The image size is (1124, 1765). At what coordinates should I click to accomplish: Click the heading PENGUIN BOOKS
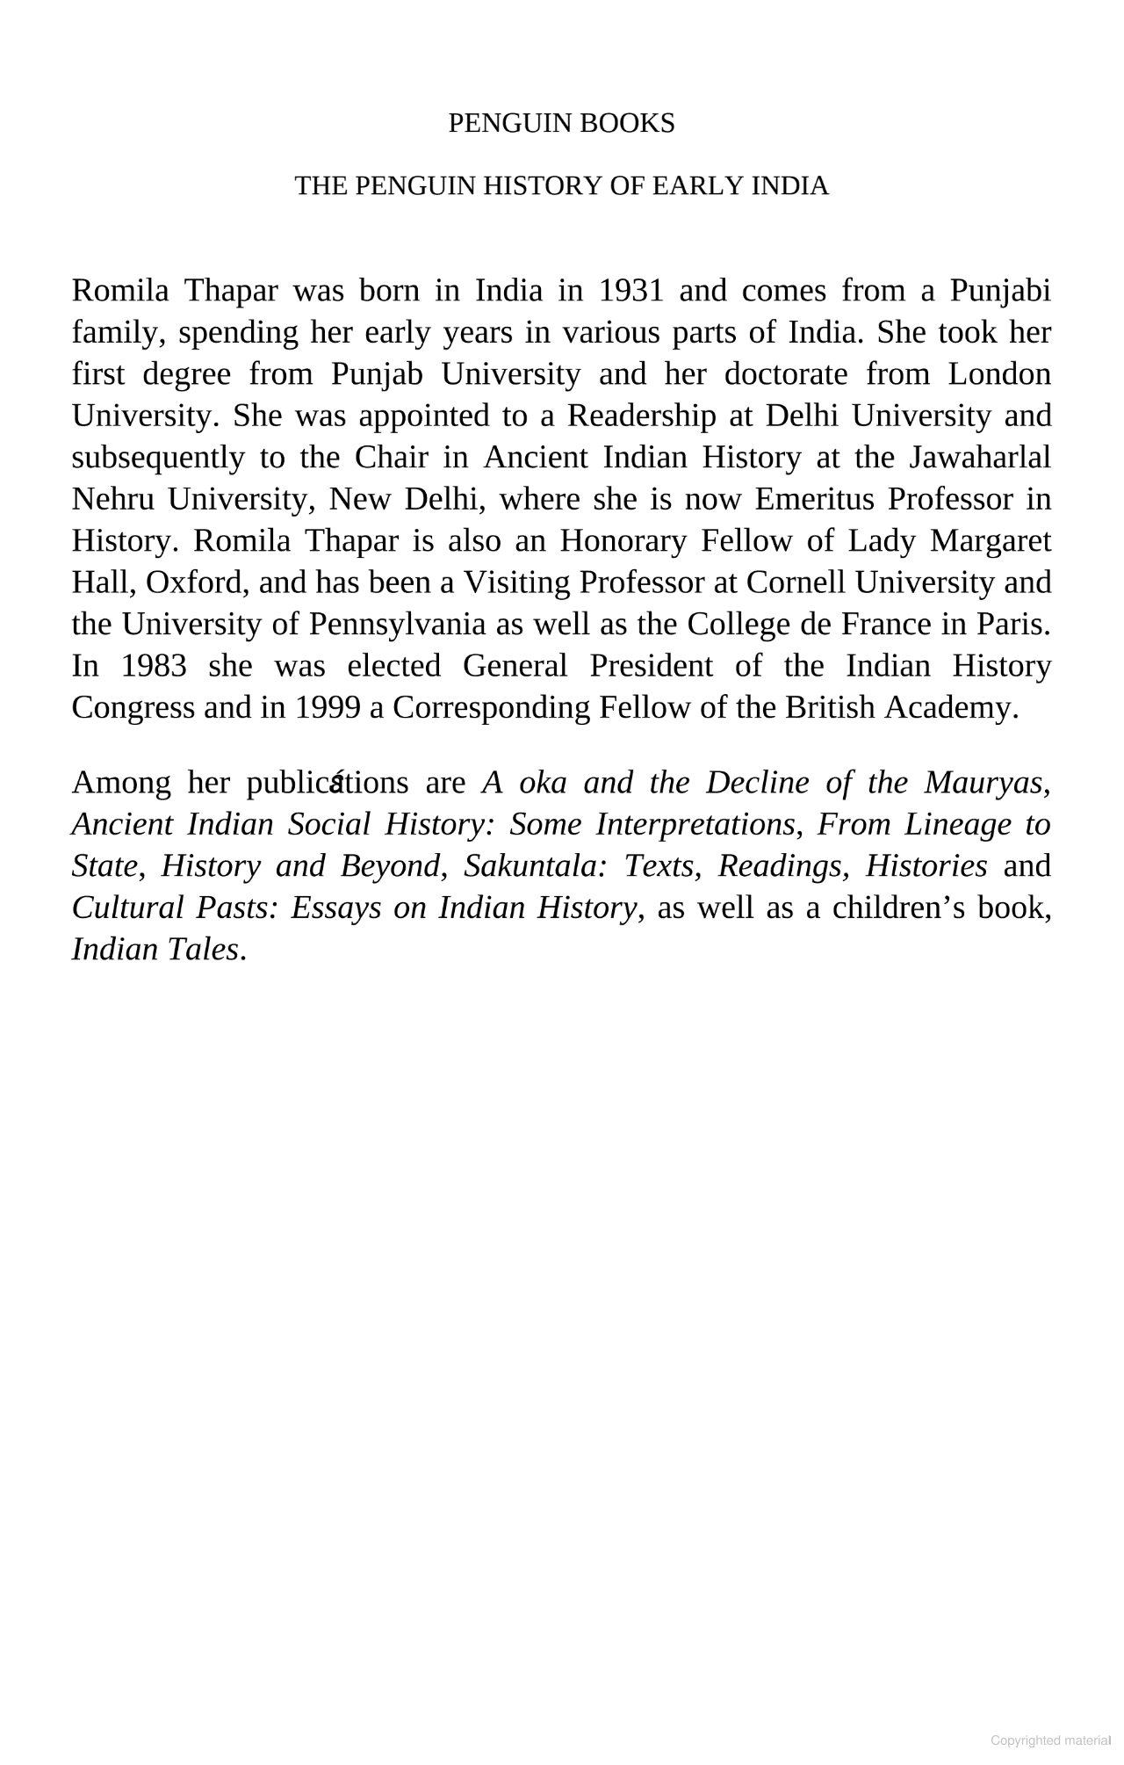click(x=561, y=124)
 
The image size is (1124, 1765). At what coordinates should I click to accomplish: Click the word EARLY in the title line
click(x=699, y=186)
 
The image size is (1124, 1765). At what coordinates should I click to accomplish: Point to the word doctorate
click(x=786, y=374)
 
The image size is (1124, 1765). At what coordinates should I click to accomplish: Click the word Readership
click(x=641, y=416)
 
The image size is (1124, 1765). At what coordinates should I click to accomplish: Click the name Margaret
click(x=991, y=540)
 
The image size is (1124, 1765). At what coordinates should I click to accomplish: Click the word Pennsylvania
click(x=397, y=624)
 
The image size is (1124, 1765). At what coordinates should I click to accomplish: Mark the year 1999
click(x=327, y=707)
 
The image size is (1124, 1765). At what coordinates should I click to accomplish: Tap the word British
click(x=830, y=707)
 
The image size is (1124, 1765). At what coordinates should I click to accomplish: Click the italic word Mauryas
click(x=993, y=783)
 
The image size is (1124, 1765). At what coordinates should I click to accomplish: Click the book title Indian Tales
click(x=155, y=950)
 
